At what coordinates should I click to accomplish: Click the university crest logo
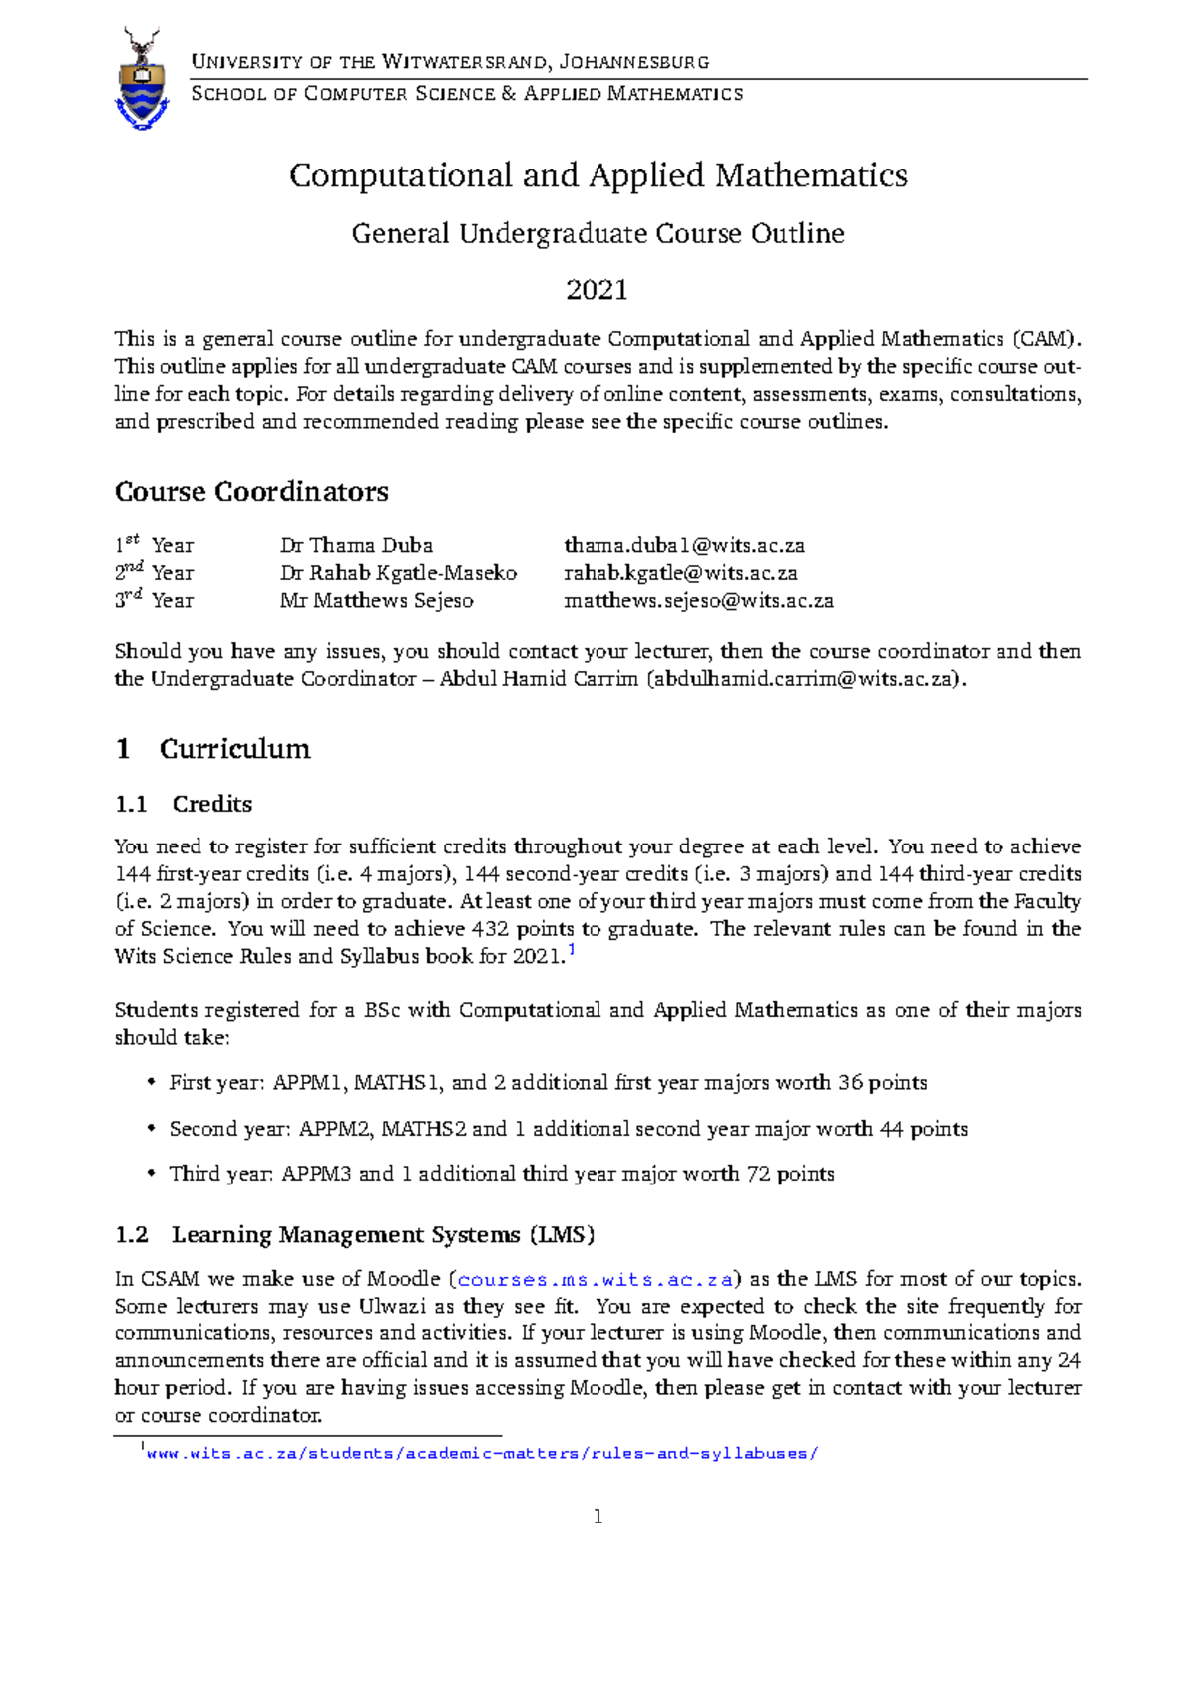coord(143,80)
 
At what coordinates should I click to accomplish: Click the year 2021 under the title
coord(597,290)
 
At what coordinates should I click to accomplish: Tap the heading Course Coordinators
coord(251,492)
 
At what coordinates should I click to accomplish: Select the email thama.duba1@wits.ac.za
coord(684,546)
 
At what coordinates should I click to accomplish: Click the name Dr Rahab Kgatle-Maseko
coord(398,573)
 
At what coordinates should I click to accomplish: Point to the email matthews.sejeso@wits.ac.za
coord(698,601)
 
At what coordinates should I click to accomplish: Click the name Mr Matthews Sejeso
coord(376,601)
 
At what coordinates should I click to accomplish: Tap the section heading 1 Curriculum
coord(212,749)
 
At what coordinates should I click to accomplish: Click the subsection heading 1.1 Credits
coord(184,804)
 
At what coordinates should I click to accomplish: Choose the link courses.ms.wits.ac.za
coord(596,1280)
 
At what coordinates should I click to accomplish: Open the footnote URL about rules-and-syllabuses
coord(482,1454)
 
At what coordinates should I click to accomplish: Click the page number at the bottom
coord(598,1518)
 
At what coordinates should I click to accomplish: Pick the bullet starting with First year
coord(548,1083)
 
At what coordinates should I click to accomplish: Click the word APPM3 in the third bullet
coord(316,1174)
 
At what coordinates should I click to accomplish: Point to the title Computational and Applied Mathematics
coord(598,175)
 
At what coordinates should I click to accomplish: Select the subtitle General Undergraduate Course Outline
coord(598,234)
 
